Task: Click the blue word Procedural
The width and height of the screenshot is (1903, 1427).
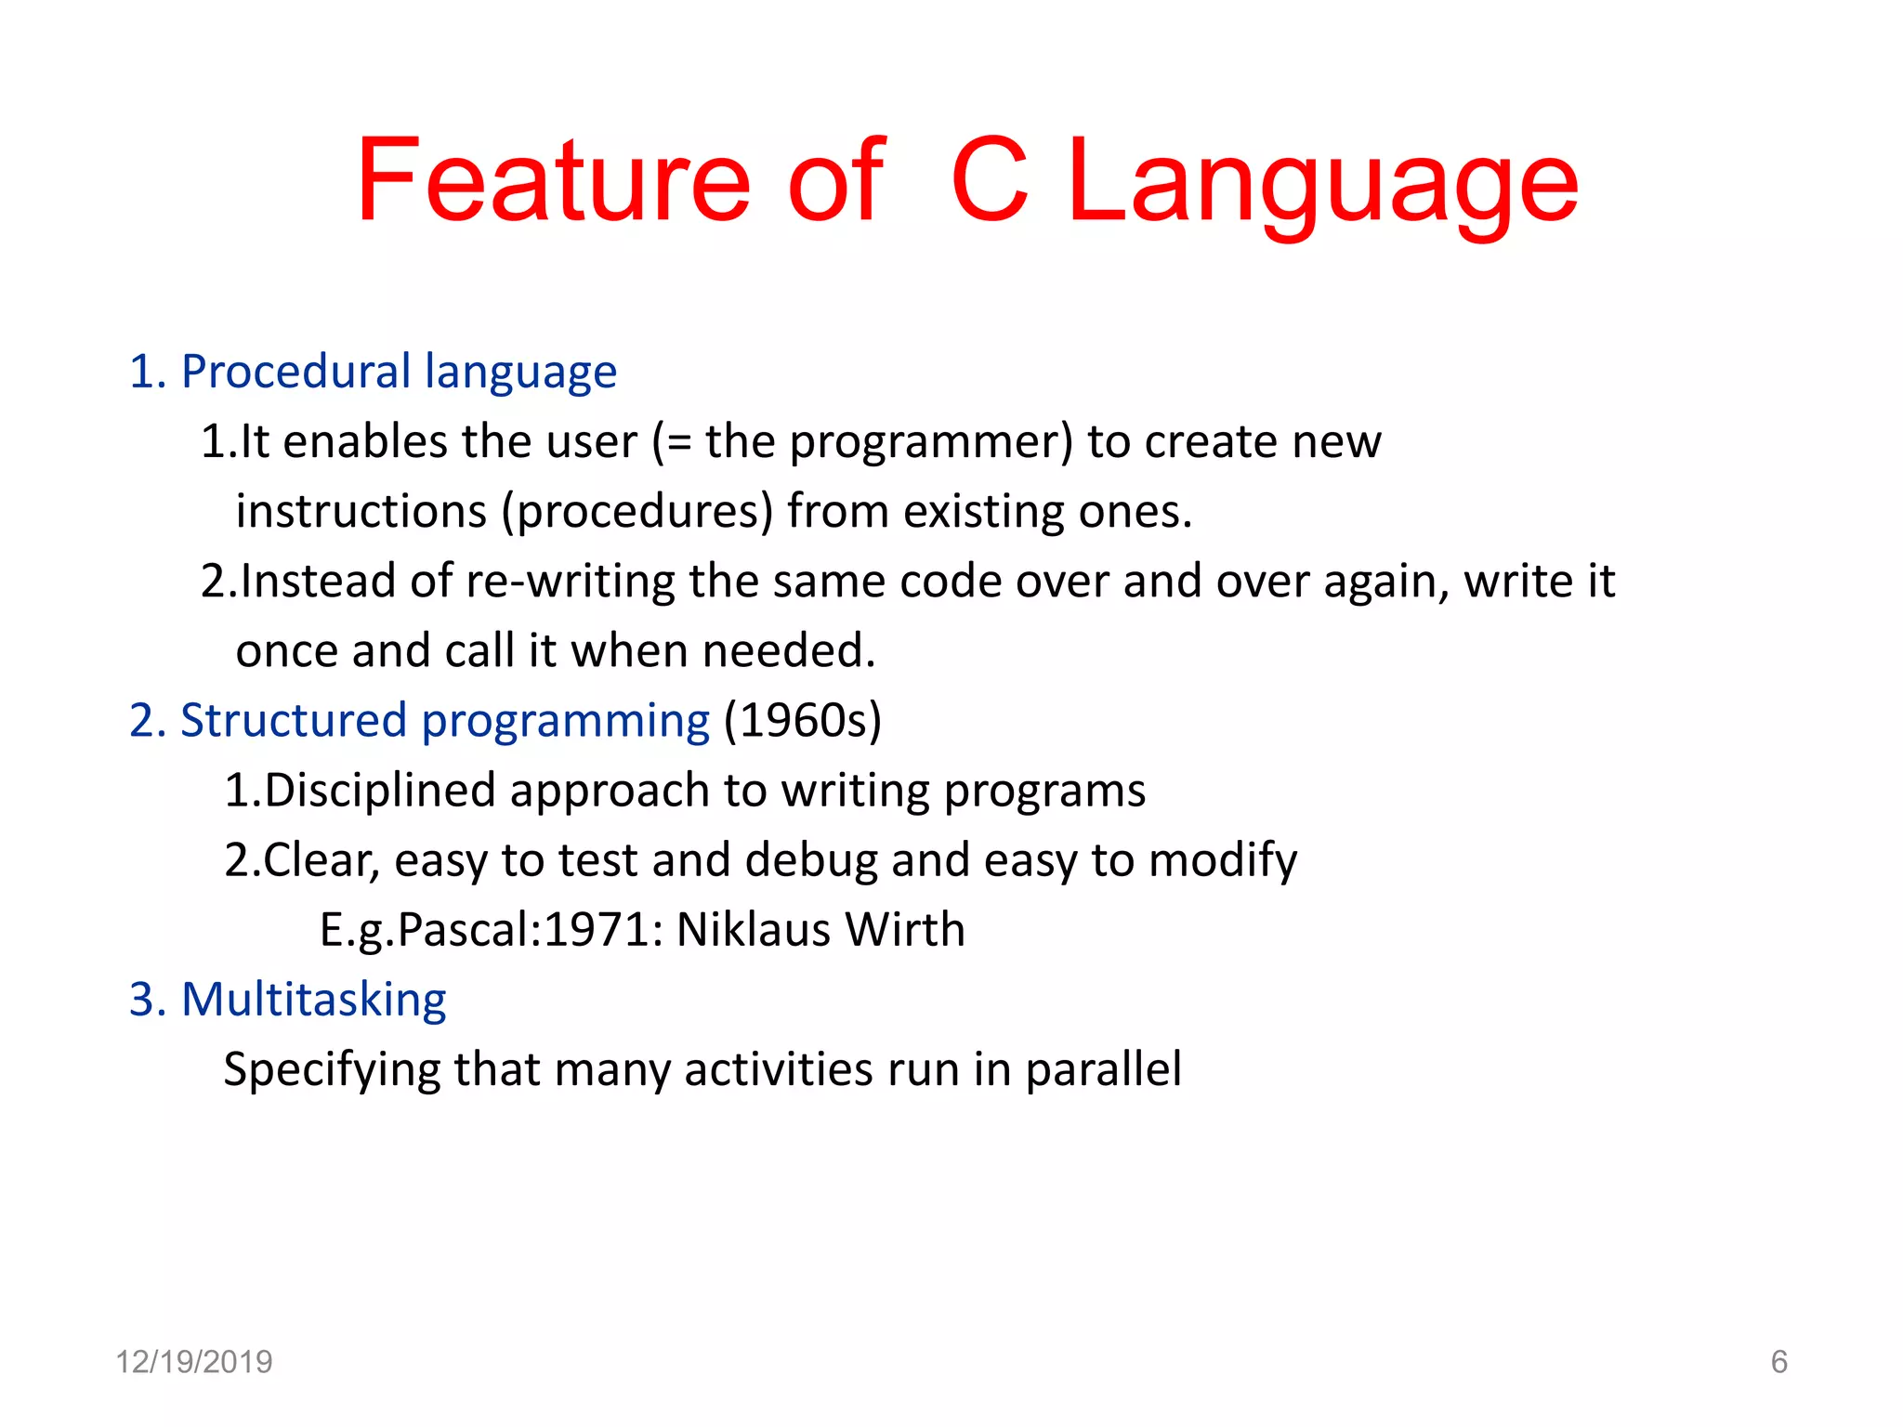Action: [x=295, y=372]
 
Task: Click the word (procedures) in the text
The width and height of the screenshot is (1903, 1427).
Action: [x=637, y=512]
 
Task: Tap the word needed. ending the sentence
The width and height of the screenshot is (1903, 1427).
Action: [x=789, y=650]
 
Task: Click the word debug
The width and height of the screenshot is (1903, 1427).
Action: [x=810, y=860]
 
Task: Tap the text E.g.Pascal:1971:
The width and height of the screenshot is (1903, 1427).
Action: [x=492, y=930]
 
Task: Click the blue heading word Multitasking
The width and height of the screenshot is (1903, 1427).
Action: [x=313, y=1001]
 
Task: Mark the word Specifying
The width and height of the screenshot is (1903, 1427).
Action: [x=332, y=1070]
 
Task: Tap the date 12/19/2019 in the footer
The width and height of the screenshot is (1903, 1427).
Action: [x=194, y=1362]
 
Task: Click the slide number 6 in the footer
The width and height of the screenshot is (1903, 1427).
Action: [x=1778, y=1362]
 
